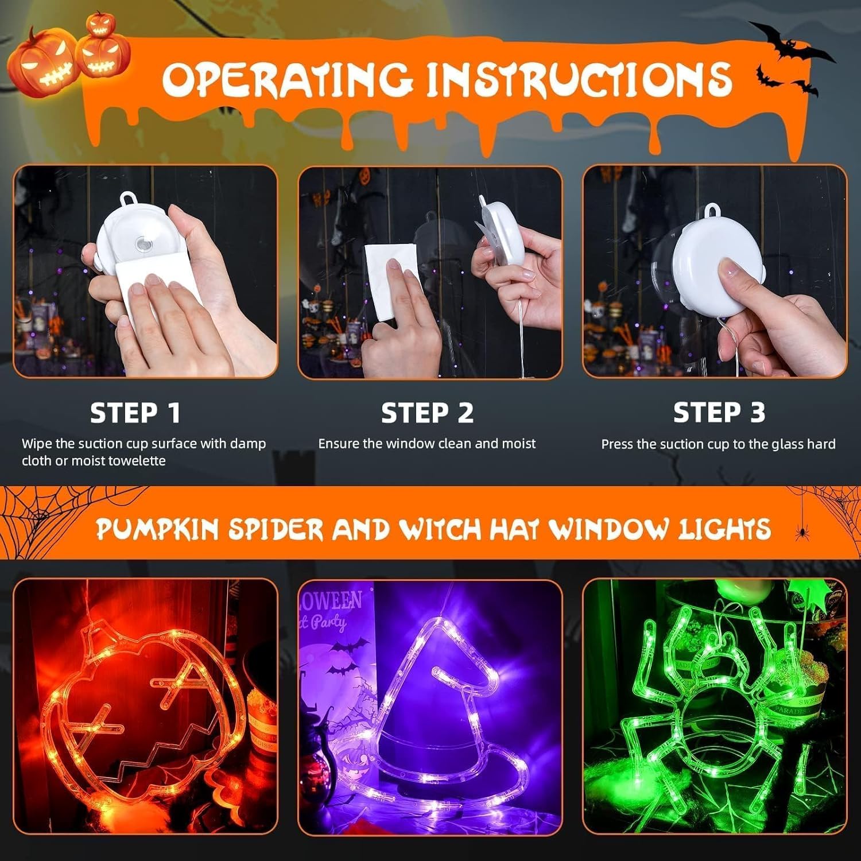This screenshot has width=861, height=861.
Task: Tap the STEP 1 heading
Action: (135, 413)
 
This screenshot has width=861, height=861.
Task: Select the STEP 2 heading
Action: (428, 413)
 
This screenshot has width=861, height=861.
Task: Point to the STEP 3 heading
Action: (719, 413)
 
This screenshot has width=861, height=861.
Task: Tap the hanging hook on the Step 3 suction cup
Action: (713, 211)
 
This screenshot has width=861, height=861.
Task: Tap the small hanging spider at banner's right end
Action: (798, 534)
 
